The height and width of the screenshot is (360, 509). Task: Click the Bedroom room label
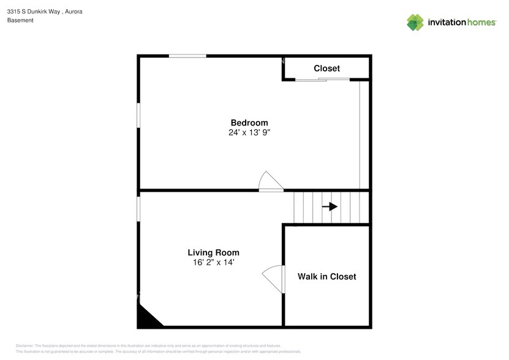tap(249, 122)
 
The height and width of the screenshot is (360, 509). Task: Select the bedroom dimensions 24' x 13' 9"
tap(249, 132)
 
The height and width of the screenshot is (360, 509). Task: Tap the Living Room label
tap(213, 252)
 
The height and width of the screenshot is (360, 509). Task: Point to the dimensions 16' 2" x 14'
tap(213, 262)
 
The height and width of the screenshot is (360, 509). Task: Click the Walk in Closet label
tap(326, 277)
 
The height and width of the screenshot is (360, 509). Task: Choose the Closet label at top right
tap(326, 69)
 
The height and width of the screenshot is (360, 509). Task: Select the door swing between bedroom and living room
tap(270, 181)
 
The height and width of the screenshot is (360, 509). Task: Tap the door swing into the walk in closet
tap(274, 279)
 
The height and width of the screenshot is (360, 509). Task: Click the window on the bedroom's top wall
tap(187, 56)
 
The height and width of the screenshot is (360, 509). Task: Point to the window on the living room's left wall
tap(138, 208)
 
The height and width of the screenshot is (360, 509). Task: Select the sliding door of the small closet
tap(323, 79)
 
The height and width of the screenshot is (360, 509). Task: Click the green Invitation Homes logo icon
tap(415, 22)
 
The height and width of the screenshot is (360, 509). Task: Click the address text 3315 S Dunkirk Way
tap(33, 11)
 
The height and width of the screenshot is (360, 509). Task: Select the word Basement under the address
tap(20, 20)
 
